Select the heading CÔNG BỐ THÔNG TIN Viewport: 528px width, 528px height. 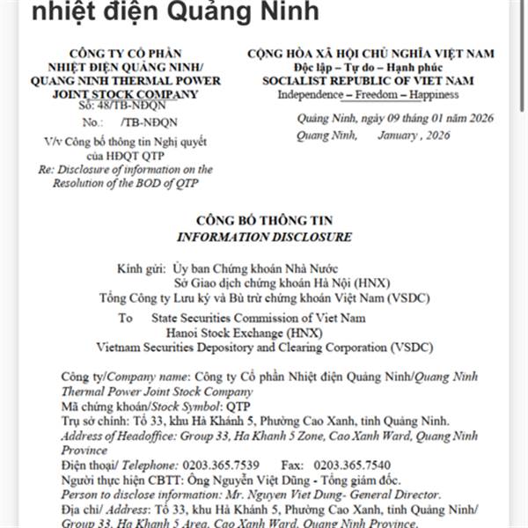point(265,221)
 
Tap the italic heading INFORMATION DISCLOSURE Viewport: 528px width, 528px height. point(265,237)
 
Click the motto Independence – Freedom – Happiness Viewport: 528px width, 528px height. point(369,93)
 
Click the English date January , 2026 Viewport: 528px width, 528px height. point(414,135)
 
